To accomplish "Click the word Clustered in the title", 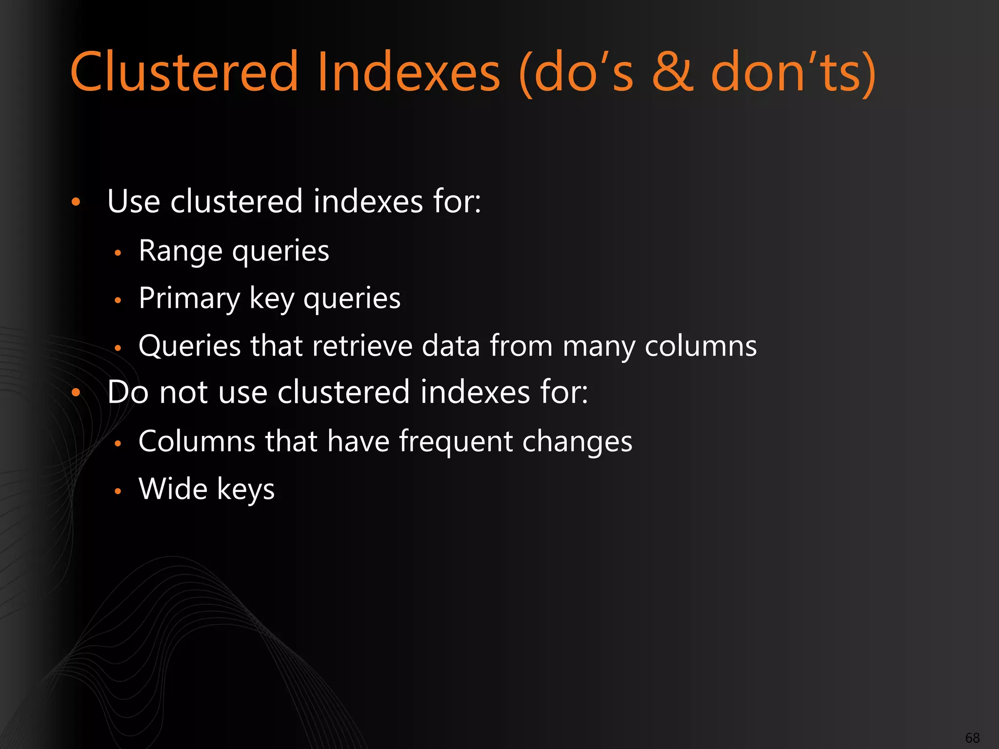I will coord(184,72).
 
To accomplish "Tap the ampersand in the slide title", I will coord(672,72).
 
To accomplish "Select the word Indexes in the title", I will coord(409,72).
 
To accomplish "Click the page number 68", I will coord(972,738).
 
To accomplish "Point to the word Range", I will coord(180,252).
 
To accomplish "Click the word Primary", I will coord(189,299).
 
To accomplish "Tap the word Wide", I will coord(173,489).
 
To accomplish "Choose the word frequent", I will coord(456,441).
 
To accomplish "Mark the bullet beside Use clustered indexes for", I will coord(76,202).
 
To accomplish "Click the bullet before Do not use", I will coord(76,393).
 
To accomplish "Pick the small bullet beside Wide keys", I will coord(118,491).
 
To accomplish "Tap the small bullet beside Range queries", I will coord(118,253).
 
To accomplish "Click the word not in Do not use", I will coord(184,393).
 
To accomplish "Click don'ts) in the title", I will coord(793,72).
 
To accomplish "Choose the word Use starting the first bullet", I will coord(133,201).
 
